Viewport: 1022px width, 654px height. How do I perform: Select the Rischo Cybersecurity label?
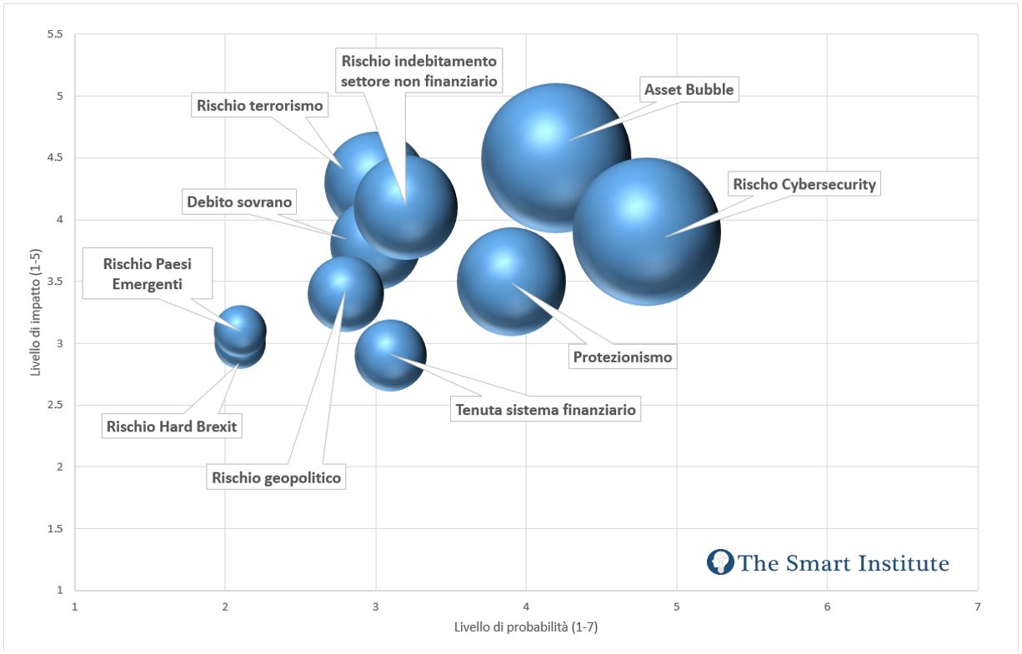[x=804, y=184]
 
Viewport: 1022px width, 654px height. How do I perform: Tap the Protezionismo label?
[x=623, y=357]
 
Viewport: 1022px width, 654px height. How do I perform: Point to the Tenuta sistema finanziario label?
[x=545, y=409]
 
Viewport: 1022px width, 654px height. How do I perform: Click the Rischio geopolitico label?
[x=277, y=477]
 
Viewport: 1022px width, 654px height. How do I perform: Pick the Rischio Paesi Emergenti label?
[x=145, y=274]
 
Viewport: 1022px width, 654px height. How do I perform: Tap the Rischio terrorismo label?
[x=259, y=105]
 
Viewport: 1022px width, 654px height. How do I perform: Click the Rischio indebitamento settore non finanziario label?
[x=419, y=71]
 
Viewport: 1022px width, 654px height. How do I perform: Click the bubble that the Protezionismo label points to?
[x=511, y=282]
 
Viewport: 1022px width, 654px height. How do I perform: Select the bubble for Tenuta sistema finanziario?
[x=390, y=355]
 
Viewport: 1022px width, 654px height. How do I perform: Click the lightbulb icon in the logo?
[x=719, y=562]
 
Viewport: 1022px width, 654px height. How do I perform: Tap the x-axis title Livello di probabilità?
[x=526, y=627]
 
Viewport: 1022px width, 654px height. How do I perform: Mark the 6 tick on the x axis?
[x=826, y=607]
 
